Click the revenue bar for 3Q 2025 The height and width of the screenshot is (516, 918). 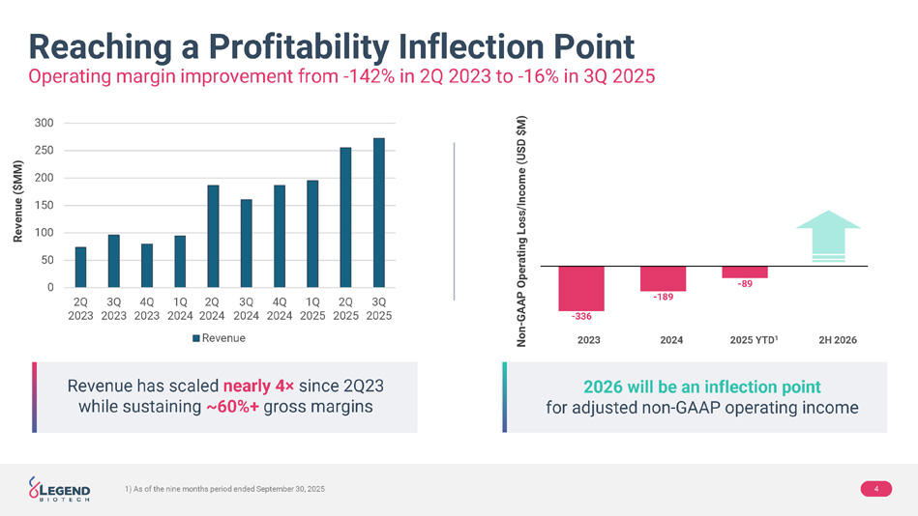pos(378,213)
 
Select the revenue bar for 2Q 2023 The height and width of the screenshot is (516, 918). pos(80,267)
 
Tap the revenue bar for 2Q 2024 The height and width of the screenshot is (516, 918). pos(213,236)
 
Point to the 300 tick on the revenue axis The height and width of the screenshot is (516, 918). pos(43,123)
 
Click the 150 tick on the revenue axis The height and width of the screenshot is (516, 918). pos(43,205)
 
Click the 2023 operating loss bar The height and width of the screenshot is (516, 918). pos(581,286)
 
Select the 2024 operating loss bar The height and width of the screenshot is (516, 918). pos(663,278)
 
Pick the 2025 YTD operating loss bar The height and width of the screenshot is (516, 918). pos(745,272)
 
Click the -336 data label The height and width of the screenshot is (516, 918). pos(581,317)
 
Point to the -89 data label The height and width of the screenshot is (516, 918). pos(745,283)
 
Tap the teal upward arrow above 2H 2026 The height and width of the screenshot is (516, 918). pos(827,235)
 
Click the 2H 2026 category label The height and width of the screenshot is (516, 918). pos(838,340)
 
